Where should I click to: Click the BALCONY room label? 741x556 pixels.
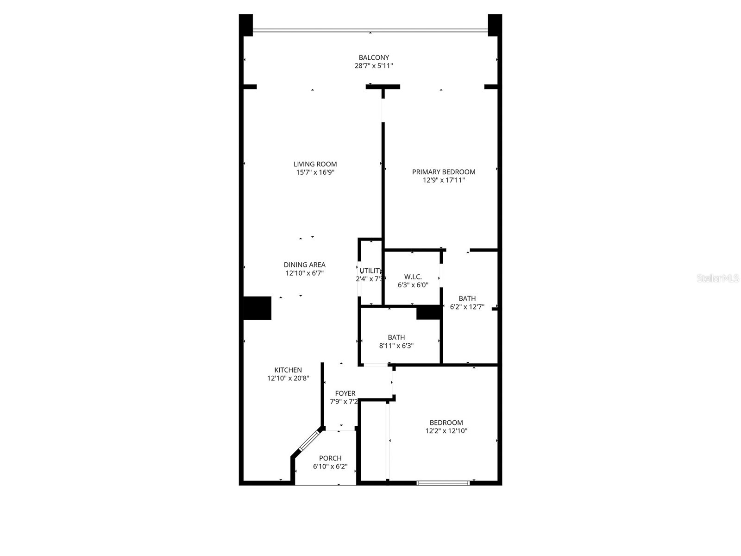click(374, 57)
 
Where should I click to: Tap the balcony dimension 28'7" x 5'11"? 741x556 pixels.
click(374, 66)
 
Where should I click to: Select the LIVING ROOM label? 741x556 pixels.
click(315, 164)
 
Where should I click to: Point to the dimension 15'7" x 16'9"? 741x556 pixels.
click(315, 172)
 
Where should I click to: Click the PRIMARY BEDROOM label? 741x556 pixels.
click(444, 172)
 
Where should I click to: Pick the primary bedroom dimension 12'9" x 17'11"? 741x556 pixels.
click(444, 180)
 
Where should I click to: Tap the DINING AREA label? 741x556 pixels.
click(304, 265)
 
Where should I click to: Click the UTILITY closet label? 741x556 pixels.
click(371, 271)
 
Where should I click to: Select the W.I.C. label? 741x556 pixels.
click(413, 277)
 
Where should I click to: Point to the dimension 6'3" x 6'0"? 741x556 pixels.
click(413, 285)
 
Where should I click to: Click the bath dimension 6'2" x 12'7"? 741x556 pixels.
click(467, 307)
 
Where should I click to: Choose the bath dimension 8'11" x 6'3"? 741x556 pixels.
click(396, 346)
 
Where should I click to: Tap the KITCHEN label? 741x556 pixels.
click(288, 370)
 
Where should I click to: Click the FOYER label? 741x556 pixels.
click(345, 393)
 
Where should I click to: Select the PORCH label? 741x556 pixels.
click(330, 458)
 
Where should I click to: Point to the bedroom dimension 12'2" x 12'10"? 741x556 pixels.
click(446, 431)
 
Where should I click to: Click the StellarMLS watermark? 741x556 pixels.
click(717, 278)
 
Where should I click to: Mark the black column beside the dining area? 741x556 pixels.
click(257, 308)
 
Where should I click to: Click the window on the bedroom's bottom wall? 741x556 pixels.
click(443, 483)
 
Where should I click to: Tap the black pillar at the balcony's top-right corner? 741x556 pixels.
click(495, 25)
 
